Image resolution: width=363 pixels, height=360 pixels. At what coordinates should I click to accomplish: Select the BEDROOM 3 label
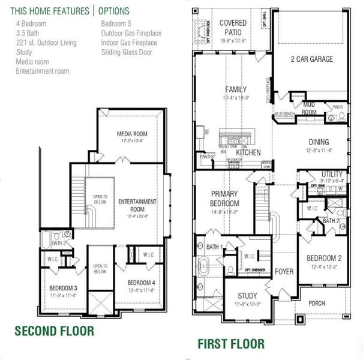[64, 287]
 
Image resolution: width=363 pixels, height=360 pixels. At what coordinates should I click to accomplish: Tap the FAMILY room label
[236, 89]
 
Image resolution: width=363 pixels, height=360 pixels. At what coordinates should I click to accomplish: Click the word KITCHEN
[248, 153]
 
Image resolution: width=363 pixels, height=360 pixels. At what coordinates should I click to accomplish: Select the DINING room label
[319, 142]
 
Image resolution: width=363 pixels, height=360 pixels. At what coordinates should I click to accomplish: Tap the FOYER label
[284, 272]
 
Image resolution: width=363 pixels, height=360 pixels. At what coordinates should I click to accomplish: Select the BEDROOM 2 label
[325, 259]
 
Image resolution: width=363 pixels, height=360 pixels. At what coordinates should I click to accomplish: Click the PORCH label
[316, 304]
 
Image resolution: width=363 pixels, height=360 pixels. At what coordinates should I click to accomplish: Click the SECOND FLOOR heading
[54, 331]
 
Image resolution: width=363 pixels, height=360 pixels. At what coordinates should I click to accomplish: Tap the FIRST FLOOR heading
[231, 344]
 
